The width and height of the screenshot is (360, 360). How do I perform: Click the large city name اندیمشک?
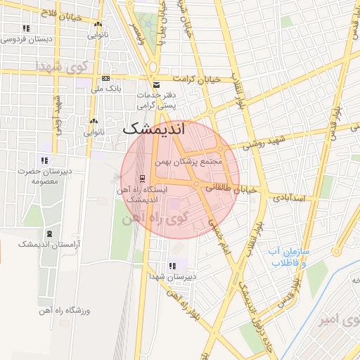153,129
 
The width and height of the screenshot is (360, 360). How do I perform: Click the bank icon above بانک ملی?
105,78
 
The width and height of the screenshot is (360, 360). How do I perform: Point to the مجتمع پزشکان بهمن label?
192,162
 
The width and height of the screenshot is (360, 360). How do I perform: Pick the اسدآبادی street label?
288,199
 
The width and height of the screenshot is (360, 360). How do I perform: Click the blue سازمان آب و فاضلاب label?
285,256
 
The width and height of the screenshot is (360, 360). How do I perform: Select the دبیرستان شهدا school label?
172,276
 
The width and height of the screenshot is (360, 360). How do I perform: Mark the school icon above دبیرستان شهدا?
172,266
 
